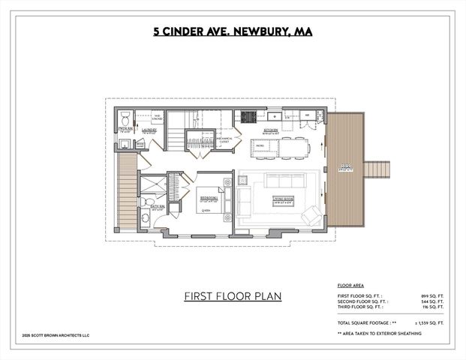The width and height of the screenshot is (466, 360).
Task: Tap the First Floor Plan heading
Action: [x=233, y=295]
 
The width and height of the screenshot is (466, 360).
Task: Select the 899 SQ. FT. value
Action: [x=433, y=297]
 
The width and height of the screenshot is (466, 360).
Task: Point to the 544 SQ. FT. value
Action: [x=433, y=302]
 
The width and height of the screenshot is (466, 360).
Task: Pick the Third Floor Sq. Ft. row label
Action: [x=361, y=307]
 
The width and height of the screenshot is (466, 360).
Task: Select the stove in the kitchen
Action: [x=246, y=116]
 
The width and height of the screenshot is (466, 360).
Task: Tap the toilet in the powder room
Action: [x=125, y=116]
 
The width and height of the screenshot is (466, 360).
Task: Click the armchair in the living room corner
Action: [x=311, y=215]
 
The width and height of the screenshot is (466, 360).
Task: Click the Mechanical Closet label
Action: [x=227, y=139]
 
